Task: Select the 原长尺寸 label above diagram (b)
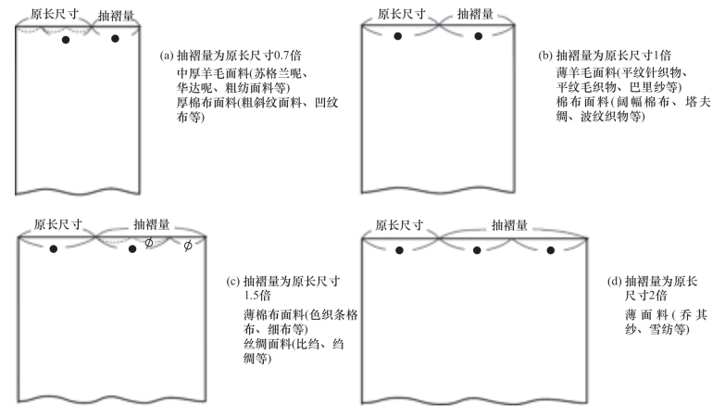[397, 15]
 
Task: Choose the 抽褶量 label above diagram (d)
[508, 225]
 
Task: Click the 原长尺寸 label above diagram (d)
[400, 226]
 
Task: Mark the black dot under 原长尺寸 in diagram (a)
[65, 41]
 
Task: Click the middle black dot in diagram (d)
[476, 249]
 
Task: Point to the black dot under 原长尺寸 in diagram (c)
[54, 248]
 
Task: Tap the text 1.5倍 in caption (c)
[256, 296]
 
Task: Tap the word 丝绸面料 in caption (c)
[257, 343]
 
